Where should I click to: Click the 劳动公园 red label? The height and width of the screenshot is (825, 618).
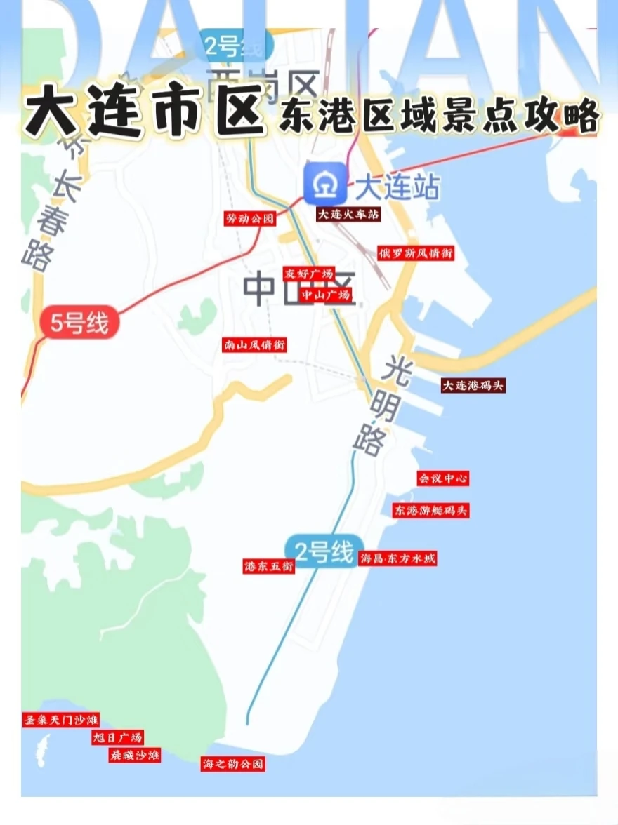249,219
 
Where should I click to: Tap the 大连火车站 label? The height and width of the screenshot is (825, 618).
348,215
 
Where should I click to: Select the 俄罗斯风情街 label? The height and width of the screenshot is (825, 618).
415,253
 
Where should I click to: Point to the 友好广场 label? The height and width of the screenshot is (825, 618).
308,274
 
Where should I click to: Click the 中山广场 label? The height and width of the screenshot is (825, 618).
325,295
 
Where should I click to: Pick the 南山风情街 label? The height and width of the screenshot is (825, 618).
254,345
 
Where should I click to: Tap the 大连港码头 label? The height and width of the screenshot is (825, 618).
473,385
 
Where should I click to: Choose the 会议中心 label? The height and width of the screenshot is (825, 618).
442,478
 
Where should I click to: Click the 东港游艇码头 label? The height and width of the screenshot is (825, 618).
430,510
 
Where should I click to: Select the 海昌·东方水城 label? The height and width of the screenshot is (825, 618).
397,559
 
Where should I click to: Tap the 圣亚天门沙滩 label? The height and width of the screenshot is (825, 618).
61,720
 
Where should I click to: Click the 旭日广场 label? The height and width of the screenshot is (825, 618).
118,737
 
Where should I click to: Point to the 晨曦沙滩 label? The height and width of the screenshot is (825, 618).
134,755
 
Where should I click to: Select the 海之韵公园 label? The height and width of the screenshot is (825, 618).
233,764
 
